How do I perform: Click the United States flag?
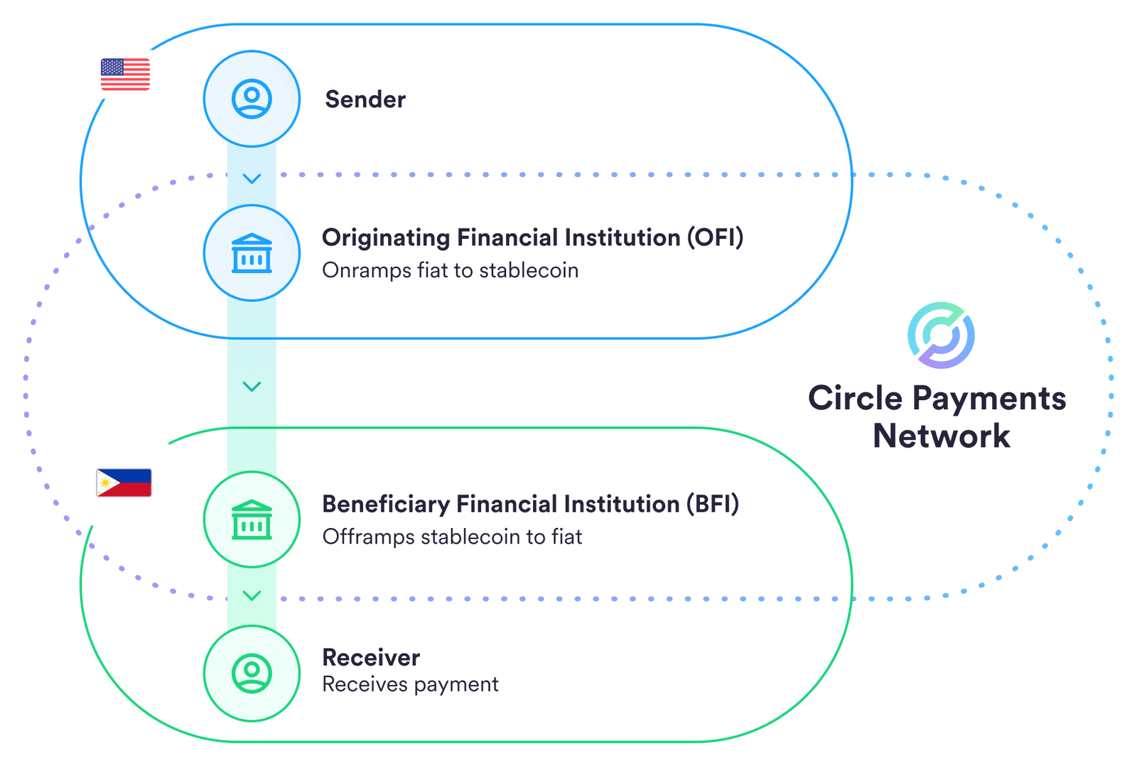pyautogui.click(x=125, y=75)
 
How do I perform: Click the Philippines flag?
pyautogui.click(x=124, y=483)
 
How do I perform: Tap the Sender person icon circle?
pyautogui.click(x=252, y=99)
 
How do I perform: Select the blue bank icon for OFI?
pyautogui.click(x=252, y=253)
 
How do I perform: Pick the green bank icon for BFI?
pyautogui.click(x=252, y=519)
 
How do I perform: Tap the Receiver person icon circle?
pyautogui.click(x=252, y=673)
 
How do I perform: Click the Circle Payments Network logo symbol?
pyautogui.click(x=941, y=335)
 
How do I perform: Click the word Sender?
pyautogui.click(x=365, y=99)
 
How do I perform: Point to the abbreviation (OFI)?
pyautogui.click(x=715, y=237)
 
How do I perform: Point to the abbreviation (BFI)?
pyautogui.click(x=713, y=504)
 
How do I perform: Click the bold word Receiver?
pyautogui.click(x=371, y=657)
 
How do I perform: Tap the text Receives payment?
pyautogui.click(x=410, y=684)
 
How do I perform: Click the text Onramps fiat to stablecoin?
pyautogui.click(x=450, y=271)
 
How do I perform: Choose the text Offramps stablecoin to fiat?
pyautogui.click(x=452, y=537)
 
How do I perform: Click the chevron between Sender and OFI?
pyautogui.click(x=252, y=178)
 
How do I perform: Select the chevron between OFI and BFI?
pyautogui.click(x=252, y=387)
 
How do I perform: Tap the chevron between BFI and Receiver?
pyautogui.click(x=252, y=596)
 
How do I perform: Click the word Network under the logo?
pyautogui.click(x=941, y=436)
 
